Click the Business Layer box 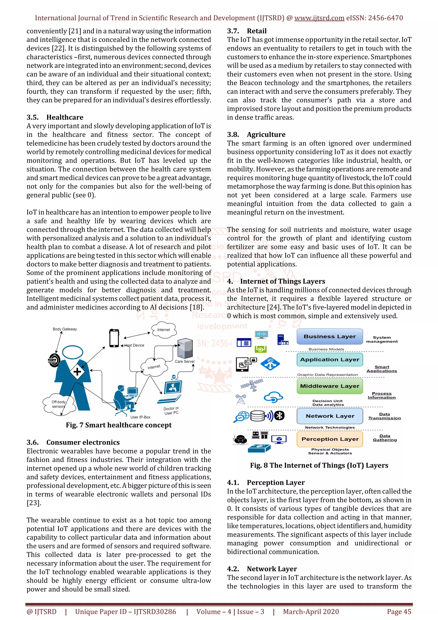tap(330, 337)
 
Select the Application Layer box tap(330, 359)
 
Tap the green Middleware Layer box tap(330, 386)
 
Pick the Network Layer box tap(330, 416)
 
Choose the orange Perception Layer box tap(330, 439)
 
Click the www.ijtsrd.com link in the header tap(319, 18)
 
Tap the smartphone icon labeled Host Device tap(114, 338)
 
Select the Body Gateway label tap(65, 329)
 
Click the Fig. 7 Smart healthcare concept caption tap(119, 425)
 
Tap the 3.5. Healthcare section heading tap(55, 117)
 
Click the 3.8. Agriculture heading tap(256, 135)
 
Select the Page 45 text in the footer tap(399, 612)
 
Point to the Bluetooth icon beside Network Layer tap(279, 416)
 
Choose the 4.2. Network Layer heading tap(262, 569)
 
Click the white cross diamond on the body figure tap(77, 372)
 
